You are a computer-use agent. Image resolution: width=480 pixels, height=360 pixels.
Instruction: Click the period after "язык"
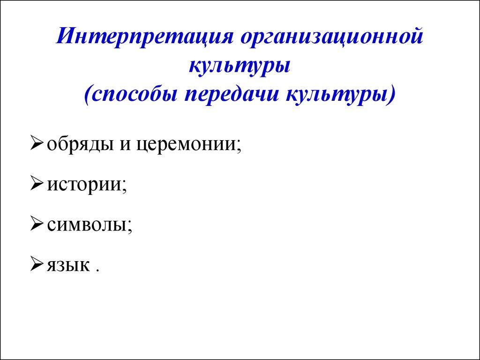click(x=98, y=271)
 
